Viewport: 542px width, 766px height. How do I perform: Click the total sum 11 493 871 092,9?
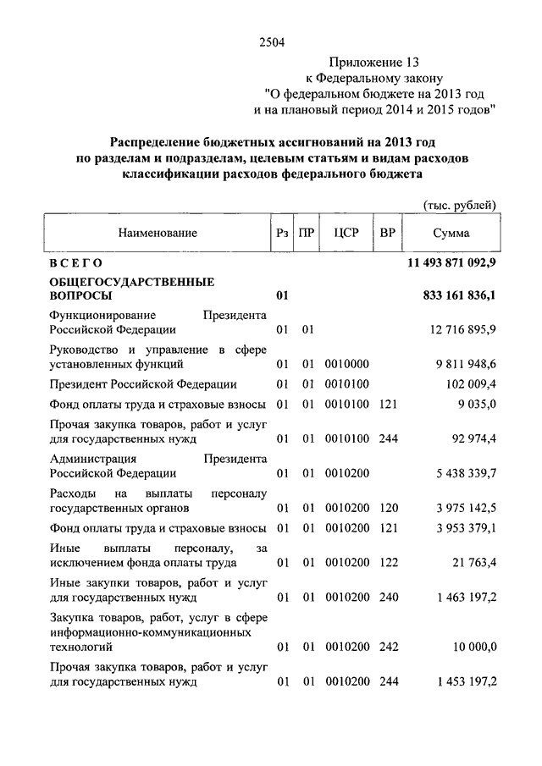click(451, 265)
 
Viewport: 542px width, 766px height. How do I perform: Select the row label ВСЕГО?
click(76, 265)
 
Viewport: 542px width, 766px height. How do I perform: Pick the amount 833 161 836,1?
click(458, 297)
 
